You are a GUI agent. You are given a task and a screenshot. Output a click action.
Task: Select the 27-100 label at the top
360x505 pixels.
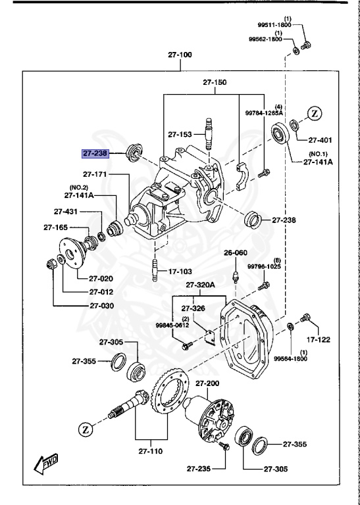[179, 55]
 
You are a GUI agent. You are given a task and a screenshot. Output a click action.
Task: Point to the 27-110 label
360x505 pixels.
[151, 452]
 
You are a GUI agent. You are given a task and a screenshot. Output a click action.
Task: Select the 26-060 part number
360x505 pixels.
[235, 252]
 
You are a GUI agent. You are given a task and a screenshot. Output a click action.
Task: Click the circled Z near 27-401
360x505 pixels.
[315, 113]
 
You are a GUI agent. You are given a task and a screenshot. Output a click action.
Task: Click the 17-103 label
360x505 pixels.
[180, 270]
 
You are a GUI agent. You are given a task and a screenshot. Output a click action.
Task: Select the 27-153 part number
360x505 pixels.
[180, 134]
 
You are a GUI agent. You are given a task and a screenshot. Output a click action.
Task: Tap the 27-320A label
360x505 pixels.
[201, 285]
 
